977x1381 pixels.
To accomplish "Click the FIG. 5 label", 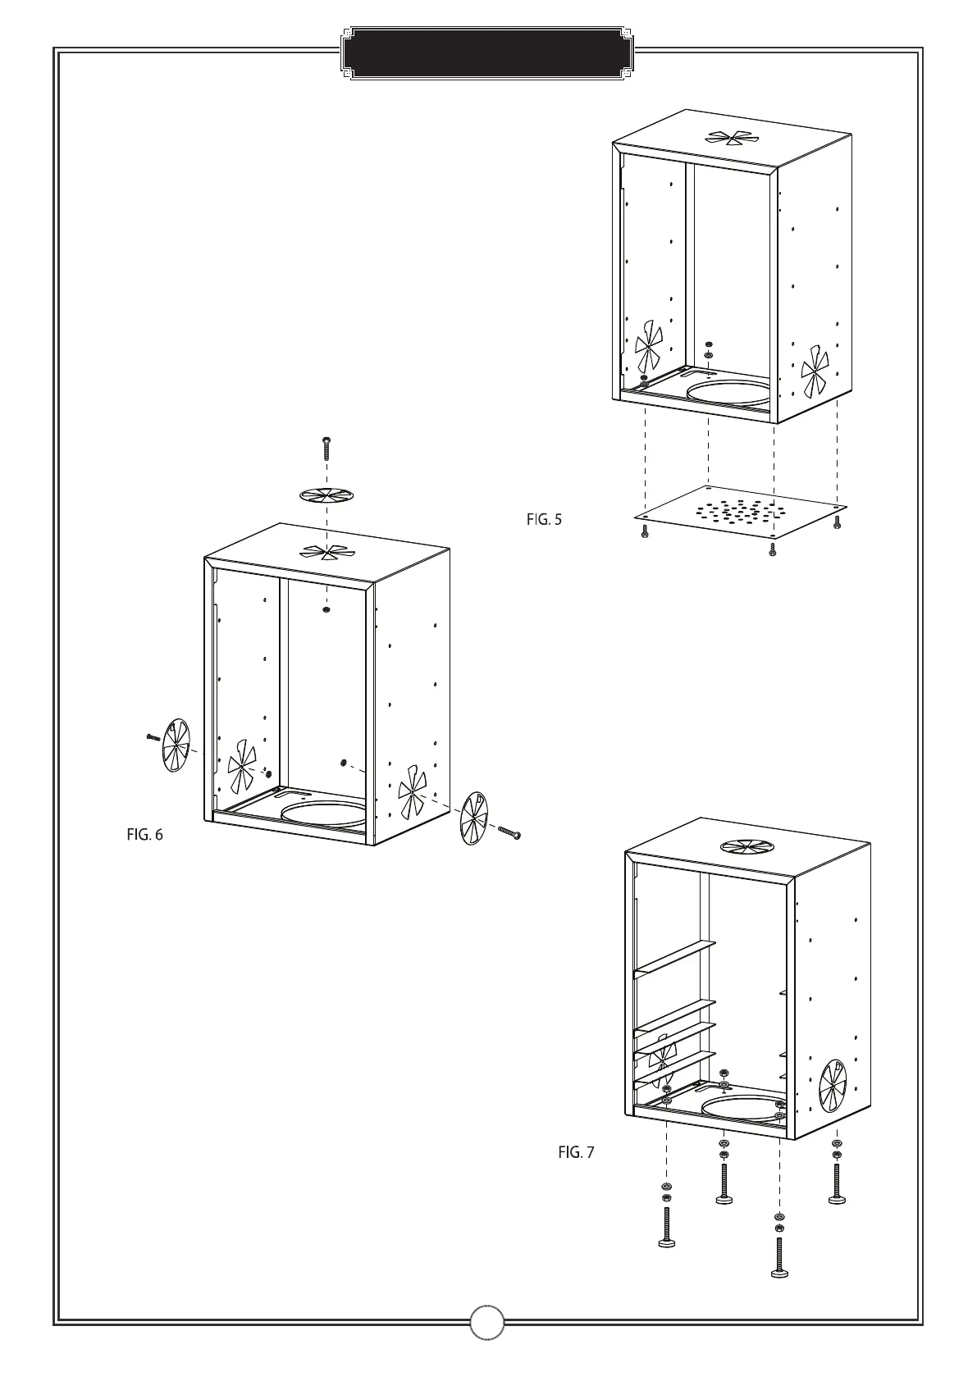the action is coord(544,519).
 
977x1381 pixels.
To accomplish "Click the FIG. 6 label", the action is coord(144,835).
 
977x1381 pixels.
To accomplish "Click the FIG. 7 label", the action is coord(576,1152).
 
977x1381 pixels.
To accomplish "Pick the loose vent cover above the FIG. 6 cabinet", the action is coord(326,495).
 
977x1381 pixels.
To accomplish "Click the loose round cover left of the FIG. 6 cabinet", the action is coord(175,745).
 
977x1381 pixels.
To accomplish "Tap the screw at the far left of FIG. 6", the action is coord(152,736).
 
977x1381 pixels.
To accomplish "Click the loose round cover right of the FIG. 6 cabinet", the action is coord(473,818).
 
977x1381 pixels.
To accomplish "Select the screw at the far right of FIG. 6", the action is coord(509,832).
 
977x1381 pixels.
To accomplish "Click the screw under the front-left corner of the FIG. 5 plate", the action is coord(645,533).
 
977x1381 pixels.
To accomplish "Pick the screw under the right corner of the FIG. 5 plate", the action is coord(837,521).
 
